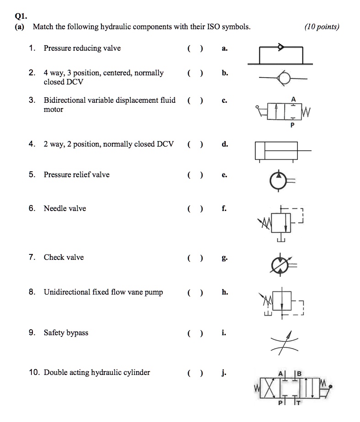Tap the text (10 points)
coord(322,26)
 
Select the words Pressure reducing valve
coord(82,48)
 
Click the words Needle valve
coord(64,209)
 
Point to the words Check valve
coord(64,258)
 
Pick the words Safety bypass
coord(66,333)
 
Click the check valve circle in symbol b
coord(284,79)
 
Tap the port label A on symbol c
coord(293,99)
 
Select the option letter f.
coord(224,209)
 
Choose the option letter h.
coord(224,292)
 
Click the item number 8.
coord(32,292)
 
